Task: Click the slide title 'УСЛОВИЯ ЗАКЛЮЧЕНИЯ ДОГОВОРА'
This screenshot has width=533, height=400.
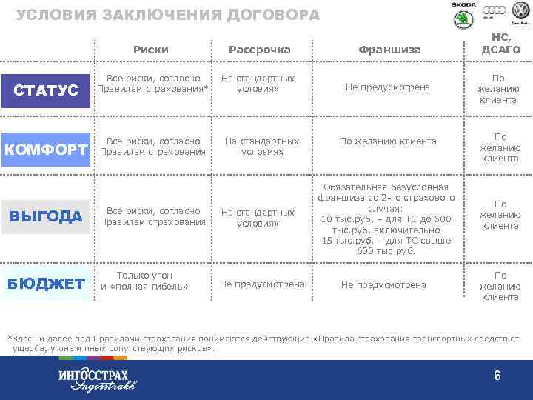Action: click(168, 15)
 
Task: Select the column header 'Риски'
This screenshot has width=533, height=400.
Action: click(151, 50)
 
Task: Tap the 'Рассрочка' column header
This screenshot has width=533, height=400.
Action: click(259, 50)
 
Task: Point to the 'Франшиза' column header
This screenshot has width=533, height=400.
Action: click(389, 50)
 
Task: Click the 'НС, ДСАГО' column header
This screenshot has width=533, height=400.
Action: click(501, 44)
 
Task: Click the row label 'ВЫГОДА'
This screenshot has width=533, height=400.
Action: click(46, 216)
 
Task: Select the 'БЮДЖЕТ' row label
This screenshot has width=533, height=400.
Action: click(46, 284)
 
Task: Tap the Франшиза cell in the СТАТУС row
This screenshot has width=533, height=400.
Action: click(387, 87)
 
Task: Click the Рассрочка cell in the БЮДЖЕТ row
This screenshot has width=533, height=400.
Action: click(262, 284)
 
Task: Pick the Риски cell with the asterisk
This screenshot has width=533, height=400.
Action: click(152, 84)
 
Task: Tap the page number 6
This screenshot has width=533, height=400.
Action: click(497, 376)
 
